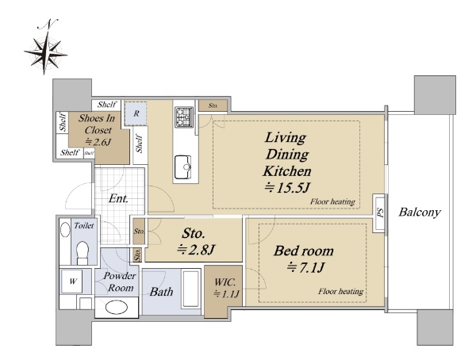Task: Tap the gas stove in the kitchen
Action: pyautogui.click(x=184, y=117)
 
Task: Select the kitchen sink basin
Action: pyautogui.click(x=182, y=167)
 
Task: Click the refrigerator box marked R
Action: pyautogui.click(x=136, y=113)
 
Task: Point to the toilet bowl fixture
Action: pyautogui.click(x=83, y=252)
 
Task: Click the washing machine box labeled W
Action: pyautogui.click(x=72, y=281)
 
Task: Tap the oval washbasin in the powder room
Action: pyautogui.click(x=117, y=308)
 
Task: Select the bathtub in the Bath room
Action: pyautogui.click(x=191, y=289)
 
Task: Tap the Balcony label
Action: pyautogui.click(x=420, y=212)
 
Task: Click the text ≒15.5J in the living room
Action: pyautogui.click(x=287, y=188)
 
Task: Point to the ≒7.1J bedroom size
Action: pyautogui.click(x=306, y=267)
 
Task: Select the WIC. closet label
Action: pyautogui.click(x=225, y=282)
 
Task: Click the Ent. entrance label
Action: pyautogui.click(x=118, y=199)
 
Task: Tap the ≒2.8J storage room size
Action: pyautogui.click(x=196, y=250)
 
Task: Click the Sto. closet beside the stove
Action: pyautogui.click(x=213, y=105)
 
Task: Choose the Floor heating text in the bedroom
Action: pyautogui.click(x=340, y=291)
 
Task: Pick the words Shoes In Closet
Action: pyautogui.click(x=97, y=124)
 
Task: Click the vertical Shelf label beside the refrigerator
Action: pyautogui.click(x=140, y=144)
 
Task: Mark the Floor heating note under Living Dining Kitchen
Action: pyautogui.click(x=332, y=202)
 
